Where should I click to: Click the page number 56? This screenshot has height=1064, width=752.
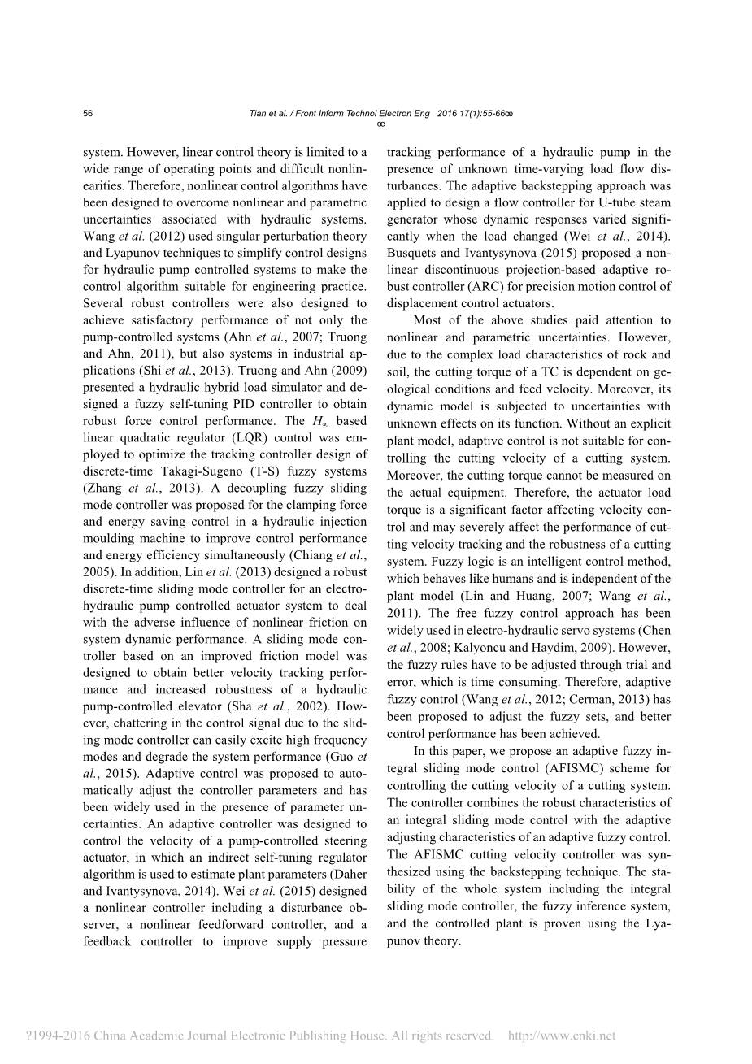(x=88, y=114)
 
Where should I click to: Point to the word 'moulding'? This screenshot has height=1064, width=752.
(x=109, y=539)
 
